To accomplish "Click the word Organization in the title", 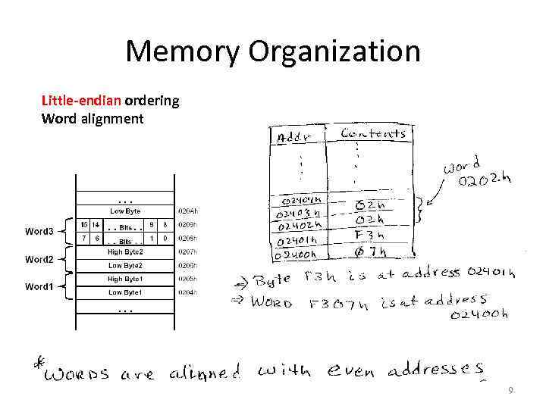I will tap(334, 52).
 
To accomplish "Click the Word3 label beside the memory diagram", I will tap(39, 231).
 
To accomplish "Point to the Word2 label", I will tap(39, 259).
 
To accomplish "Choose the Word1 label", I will tap(39, 286).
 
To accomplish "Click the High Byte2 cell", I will tap(125, 251).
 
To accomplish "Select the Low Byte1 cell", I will tap(125, 292).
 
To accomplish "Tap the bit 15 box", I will tap(84, 224).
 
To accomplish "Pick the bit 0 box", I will tap(165, 239).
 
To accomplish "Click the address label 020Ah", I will tap(187, 211).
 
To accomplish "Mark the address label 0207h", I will tap(187, 251).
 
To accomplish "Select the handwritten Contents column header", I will tap(373, 133).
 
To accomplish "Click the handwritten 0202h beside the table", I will tap(486, 181).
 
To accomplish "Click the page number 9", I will tap(511, 391).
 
